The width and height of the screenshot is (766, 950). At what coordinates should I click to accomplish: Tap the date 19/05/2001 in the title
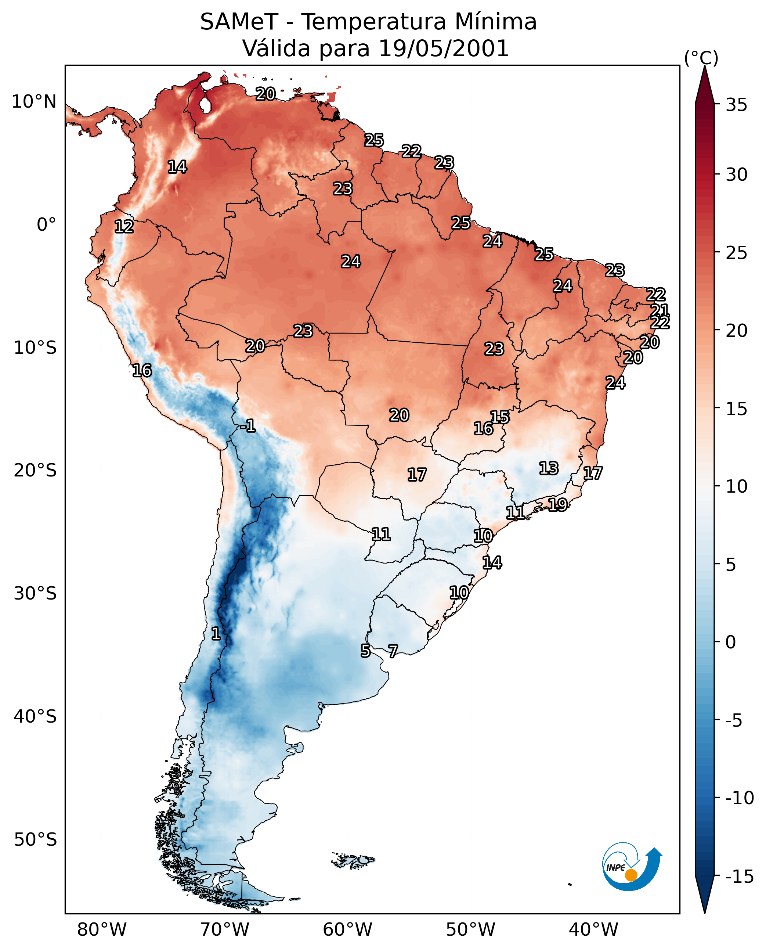click(x=444, y=48)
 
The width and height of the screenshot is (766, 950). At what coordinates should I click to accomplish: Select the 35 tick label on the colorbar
click(x=736, y=105)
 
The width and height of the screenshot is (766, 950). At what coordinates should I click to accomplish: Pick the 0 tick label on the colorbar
click(x=731, y=642)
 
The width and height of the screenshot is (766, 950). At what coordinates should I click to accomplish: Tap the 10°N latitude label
click(x=34, y=102)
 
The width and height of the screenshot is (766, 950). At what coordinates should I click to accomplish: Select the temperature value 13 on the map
click(x=549, y=468)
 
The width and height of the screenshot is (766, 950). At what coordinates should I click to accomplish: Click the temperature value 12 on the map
click(x=124, y=226)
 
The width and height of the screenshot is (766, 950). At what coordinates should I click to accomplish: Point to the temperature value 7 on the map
click(x=393, y=651)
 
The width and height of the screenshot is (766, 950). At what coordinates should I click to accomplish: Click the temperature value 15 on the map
click(x=500, y=417)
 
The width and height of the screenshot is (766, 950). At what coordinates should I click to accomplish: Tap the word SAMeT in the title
click(x=239, y=22)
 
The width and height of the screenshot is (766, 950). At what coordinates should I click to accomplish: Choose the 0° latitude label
click(x=46, y=225)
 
